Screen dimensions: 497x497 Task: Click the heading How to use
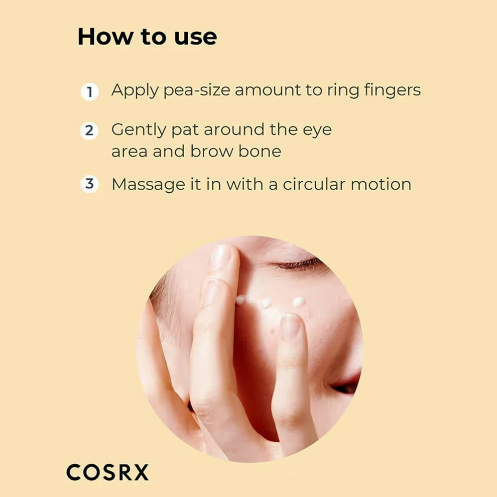148,37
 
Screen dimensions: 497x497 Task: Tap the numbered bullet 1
90,92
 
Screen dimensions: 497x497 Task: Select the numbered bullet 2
89,131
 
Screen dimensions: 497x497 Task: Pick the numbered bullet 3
90,184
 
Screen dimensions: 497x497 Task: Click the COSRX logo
107,472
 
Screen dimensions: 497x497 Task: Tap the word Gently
139,130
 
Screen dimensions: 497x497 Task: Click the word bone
260,151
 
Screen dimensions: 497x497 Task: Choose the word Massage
148,185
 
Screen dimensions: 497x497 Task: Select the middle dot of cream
266,303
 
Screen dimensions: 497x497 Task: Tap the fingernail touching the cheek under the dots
290,326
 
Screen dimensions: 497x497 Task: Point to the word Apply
135,90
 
